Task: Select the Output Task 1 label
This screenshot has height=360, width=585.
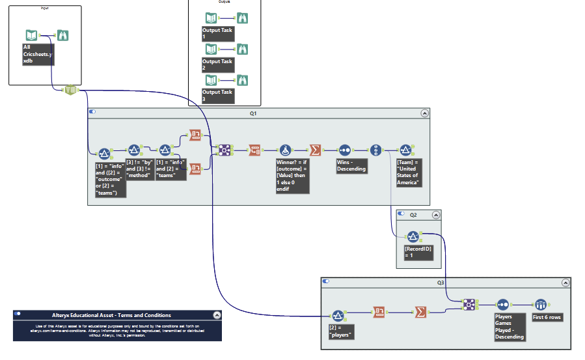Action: [217, 34]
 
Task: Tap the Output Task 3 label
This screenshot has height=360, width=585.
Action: [217, 95]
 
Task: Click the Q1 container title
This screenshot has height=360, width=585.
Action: [254, 113]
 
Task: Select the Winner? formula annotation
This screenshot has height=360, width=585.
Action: [292, 176]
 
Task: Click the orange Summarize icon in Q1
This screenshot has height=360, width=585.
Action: [315, 150]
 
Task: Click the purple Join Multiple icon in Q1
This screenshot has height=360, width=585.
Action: [223, 150]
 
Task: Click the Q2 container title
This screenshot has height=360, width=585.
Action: [413, 214]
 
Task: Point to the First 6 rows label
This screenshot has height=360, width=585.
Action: [547, 317]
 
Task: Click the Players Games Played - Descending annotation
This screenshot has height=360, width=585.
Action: [510, 327]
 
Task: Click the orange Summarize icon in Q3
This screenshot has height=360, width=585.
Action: [421, 312]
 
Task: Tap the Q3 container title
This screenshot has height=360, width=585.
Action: [441, 282]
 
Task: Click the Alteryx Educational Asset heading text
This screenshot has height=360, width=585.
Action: [111, 315]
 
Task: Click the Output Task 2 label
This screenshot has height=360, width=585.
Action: [217, 64]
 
